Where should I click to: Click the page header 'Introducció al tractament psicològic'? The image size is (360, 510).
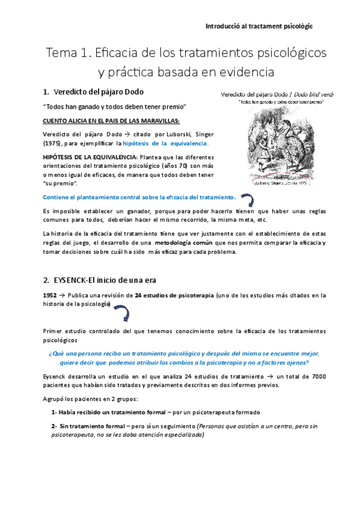259,27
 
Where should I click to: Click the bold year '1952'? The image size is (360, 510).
50,295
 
